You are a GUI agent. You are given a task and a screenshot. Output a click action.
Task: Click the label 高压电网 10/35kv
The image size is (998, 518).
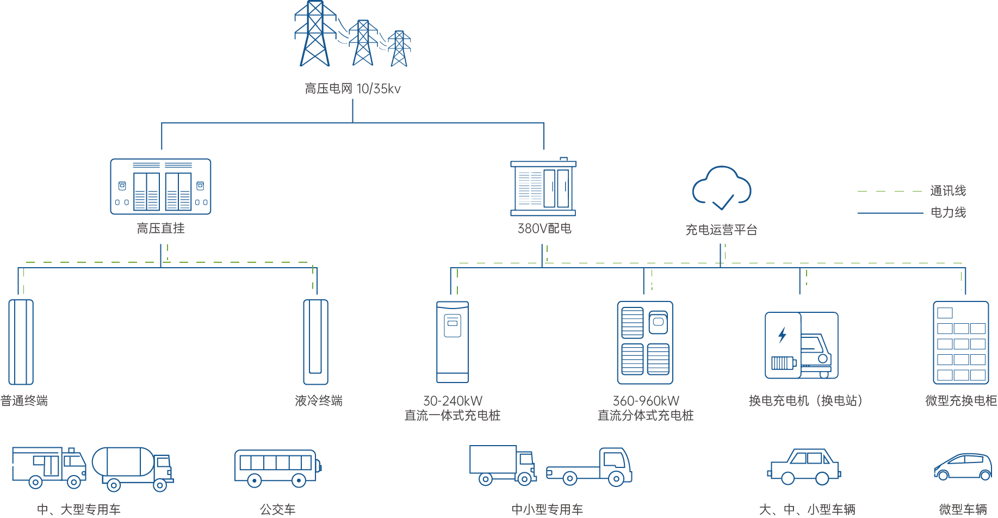pos(352,89)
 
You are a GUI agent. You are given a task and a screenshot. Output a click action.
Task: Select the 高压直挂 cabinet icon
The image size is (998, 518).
pos(160,187)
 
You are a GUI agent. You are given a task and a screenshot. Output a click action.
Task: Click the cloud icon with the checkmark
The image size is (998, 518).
pos(722,188)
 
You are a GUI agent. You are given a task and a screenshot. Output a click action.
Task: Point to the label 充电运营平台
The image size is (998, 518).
pos(721,230)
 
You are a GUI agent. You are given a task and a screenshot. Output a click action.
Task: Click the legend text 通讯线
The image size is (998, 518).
pos(948,191)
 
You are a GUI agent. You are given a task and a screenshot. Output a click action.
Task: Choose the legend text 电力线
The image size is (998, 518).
pos(948,212)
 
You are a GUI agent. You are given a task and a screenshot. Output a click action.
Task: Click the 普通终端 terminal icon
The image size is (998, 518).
pos(21,342)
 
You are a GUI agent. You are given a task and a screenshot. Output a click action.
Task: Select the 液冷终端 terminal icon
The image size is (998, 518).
pos(315,342)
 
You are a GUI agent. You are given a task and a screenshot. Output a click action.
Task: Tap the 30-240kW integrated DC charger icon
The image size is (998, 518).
pos(452,342)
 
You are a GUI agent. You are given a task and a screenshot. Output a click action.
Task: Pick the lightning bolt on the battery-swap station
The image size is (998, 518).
pos(783,335)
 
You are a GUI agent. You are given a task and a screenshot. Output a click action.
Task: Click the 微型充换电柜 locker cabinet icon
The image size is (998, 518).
pos(961,343)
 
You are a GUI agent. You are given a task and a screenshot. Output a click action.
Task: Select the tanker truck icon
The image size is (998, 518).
pos(133,468)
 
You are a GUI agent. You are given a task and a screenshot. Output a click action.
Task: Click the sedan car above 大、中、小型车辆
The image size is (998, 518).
pos(804,466)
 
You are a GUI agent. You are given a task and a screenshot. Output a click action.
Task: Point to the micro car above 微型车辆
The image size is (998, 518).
pos(963,466)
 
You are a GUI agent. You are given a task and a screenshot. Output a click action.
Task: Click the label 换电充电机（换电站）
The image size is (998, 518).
pos(805,401)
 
